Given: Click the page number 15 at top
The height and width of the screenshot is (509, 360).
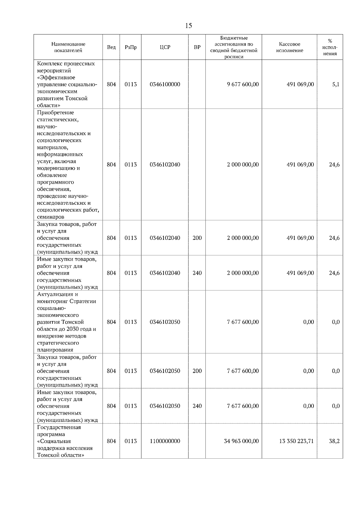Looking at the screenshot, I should tap(188, 25).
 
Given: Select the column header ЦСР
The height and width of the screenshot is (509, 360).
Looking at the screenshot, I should tap(165, 47).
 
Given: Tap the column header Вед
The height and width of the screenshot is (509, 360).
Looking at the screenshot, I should tap(111, 47).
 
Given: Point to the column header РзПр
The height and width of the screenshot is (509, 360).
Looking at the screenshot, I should tap(130, 47).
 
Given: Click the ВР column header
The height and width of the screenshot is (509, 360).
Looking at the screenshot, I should tap(197, 47).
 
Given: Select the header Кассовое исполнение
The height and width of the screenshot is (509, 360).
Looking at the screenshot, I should tap(289, 47).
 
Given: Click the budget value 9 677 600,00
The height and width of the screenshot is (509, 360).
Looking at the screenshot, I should tap(243, 84).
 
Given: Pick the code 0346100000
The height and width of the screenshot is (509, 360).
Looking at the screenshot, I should tap(165, 84).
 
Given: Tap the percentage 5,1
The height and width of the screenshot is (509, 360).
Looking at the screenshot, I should tap(336, 84).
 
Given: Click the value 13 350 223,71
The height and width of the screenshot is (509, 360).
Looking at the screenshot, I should tap(296, 441).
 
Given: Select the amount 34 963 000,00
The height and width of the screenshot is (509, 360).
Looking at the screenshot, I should tap(241, 441).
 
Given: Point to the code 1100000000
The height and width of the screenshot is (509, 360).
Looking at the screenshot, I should tap(165, 441).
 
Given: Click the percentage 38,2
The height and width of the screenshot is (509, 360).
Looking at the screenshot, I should tap(334, 441).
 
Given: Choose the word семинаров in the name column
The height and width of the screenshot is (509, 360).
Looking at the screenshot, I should tap(51, 217).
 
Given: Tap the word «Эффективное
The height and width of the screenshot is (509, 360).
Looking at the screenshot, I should tap(56, 77).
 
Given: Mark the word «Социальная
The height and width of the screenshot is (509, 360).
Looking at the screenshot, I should tap(54, 441).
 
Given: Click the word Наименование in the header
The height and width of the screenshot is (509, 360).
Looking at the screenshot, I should tap(68, 44).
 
